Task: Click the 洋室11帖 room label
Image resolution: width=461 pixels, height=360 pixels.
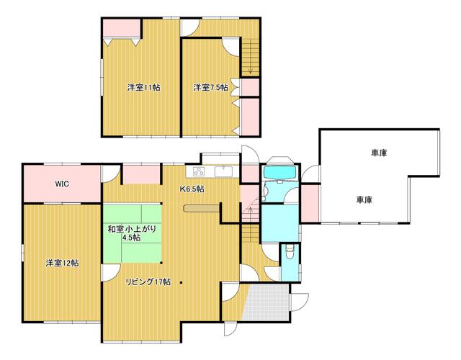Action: point(143,87)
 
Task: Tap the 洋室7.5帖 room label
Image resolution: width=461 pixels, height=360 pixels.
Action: point(210,87)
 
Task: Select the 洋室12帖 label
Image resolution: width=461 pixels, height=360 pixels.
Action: point(62,263)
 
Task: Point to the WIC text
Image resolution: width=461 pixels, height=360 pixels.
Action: point(62,184)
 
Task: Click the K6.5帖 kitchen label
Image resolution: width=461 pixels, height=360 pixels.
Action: point(192,189)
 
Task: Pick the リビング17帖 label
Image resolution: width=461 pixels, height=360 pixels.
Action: point(148,282)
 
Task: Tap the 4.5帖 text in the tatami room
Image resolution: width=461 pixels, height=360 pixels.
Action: point(131,237)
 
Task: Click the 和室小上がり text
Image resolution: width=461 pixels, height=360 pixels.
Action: point(131,229)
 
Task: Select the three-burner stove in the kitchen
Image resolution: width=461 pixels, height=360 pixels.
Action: point(199,171)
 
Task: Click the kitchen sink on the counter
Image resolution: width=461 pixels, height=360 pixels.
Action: point(223,171)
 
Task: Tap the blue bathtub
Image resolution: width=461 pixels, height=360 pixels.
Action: point(280,173)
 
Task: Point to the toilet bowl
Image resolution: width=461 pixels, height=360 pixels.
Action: point(290,252)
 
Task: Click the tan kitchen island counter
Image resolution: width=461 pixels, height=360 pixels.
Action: point(201,208)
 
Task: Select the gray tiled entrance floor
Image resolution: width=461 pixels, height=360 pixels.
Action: point(267,302)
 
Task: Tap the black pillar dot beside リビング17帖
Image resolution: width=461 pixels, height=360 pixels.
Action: point(182,283)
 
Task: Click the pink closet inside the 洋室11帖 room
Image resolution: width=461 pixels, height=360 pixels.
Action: point(122,28)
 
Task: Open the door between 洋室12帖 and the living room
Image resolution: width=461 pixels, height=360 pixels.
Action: point(111,273)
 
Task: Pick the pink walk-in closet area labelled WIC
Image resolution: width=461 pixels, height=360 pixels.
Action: point(62,184)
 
